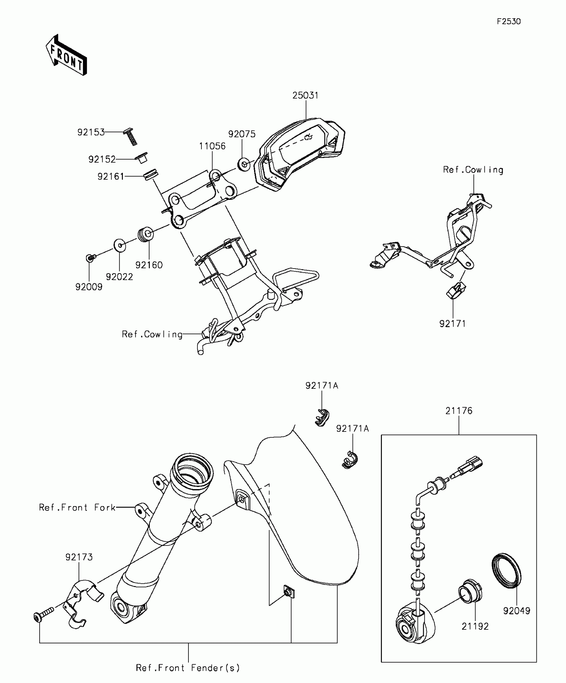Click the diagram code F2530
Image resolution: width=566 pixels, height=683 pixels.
[x=508, y=22]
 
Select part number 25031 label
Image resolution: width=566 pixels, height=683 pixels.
[x=305, y=96]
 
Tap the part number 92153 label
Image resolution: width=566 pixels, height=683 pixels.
[x=91, y=133]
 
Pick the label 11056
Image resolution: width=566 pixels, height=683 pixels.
[x=212, y=146]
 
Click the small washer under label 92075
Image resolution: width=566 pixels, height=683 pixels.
[x=243, y=164]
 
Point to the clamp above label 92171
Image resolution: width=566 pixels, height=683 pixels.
[x=456, y=290]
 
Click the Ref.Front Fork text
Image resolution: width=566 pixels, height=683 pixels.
[x=77, y=508]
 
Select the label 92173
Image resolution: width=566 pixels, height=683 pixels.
[x=79, y=557]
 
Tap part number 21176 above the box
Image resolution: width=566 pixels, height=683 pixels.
[x=459, y=411]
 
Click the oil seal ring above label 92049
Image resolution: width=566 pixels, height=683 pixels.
[x=506, y=575]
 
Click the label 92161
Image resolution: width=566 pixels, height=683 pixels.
[x=111, y=177]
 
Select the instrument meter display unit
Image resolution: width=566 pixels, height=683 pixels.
[x=300, y=153]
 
